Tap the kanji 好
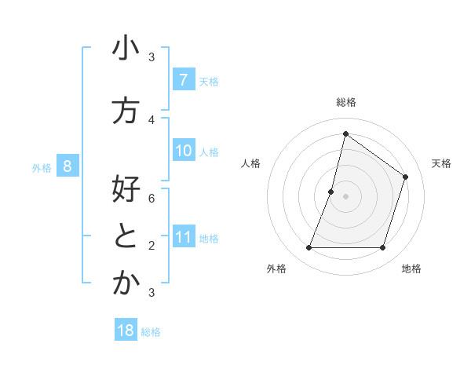(x=126, y=190)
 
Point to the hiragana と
(x=126, y=237)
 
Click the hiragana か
(x=126, y=284)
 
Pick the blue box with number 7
(x=183, y=79)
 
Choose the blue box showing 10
(x=183, y=150)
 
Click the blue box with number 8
(x=68, y=166)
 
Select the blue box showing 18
(x=126, y=331)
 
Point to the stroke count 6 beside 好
(x=152, y=198)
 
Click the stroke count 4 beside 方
(x=152, y=119)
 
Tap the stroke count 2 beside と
(x=152, y=245)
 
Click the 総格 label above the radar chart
(x=345, y=102)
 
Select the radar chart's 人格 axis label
(x=250, y=163)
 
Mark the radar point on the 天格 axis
(x=406, y=177)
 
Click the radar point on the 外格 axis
(x=309, y=248)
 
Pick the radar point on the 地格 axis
(x=382, y=248)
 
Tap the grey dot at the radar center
(x=345, y=196)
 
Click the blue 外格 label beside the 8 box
(x=41, y=167)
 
